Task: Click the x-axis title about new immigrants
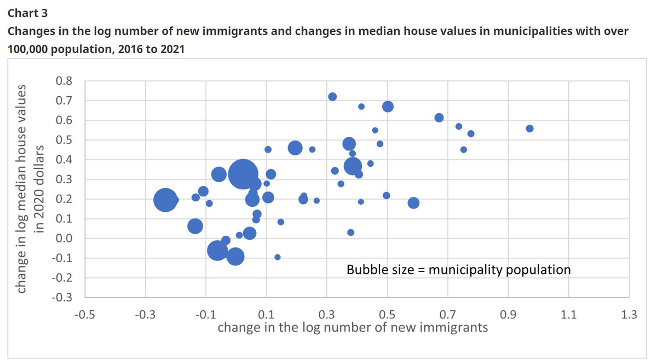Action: [x=353, y=328]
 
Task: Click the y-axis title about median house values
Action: [x=30, y=189]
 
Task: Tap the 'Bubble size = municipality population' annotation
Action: [x=458, y=270]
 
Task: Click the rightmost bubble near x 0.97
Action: [x=529, y=129]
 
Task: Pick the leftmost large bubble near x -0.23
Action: [x=165, y=200]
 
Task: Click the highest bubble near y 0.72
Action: [x=332, y=97]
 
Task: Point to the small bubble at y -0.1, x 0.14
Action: [x=278, y=257]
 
